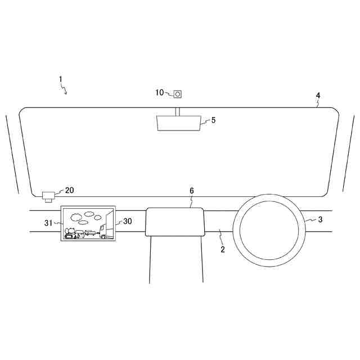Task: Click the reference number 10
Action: (x=160, y=92)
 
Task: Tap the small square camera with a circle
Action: (x=178, y=94)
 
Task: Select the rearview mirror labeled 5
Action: (x=179, y=123)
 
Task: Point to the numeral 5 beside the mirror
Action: (x=214, y=120)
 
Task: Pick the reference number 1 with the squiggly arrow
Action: (x=61, y=79)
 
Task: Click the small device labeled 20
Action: (x=48, y=197)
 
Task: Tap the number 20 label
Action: (x=69, y=190)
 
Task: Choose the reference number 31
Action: (x=48, y=223)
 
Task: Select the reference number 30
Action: (x=128, y=221)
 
